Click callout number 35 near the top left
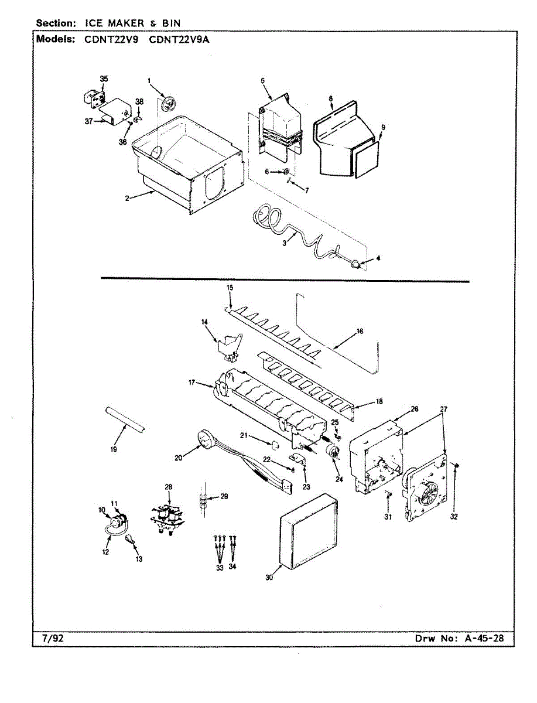point(104,79)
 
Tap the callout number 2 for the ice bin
point(126,198)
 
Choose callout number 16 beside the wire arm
point(360,331)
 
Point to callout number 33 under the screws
point(220,568)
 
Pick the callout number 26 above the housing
point(414,409)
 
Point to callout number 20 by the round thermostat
point(179,458)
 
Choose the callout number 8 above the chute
point(331,99)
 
